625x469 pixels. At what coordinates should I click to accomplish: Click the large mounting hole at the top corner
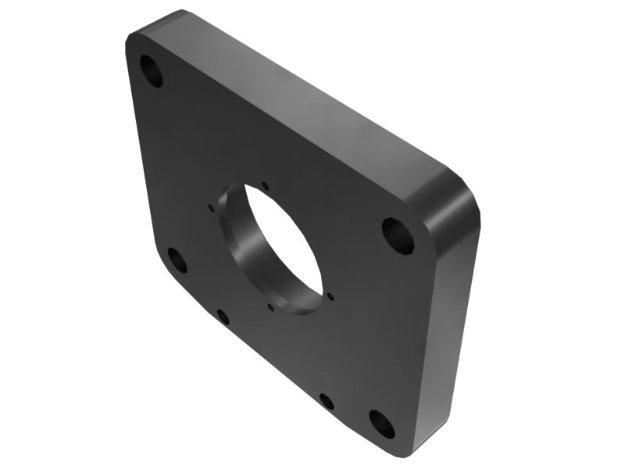point(152,72)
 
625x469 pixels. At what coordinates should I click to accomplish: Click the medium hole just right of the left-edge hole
point(223,317)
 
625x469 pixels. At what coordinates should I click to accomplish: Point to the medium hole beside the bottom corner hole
point(327,402)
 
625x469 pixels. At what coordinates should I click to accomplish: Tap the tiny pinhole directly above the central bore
point(266,185)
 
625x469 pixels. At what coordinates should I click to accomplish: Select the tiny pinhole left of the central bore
point(212,208)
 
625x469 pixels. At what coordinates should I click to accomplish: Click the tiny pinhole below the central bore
point(270,306)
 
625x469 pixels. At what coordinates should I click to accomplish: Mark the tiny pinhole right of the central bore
point(331,296)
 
